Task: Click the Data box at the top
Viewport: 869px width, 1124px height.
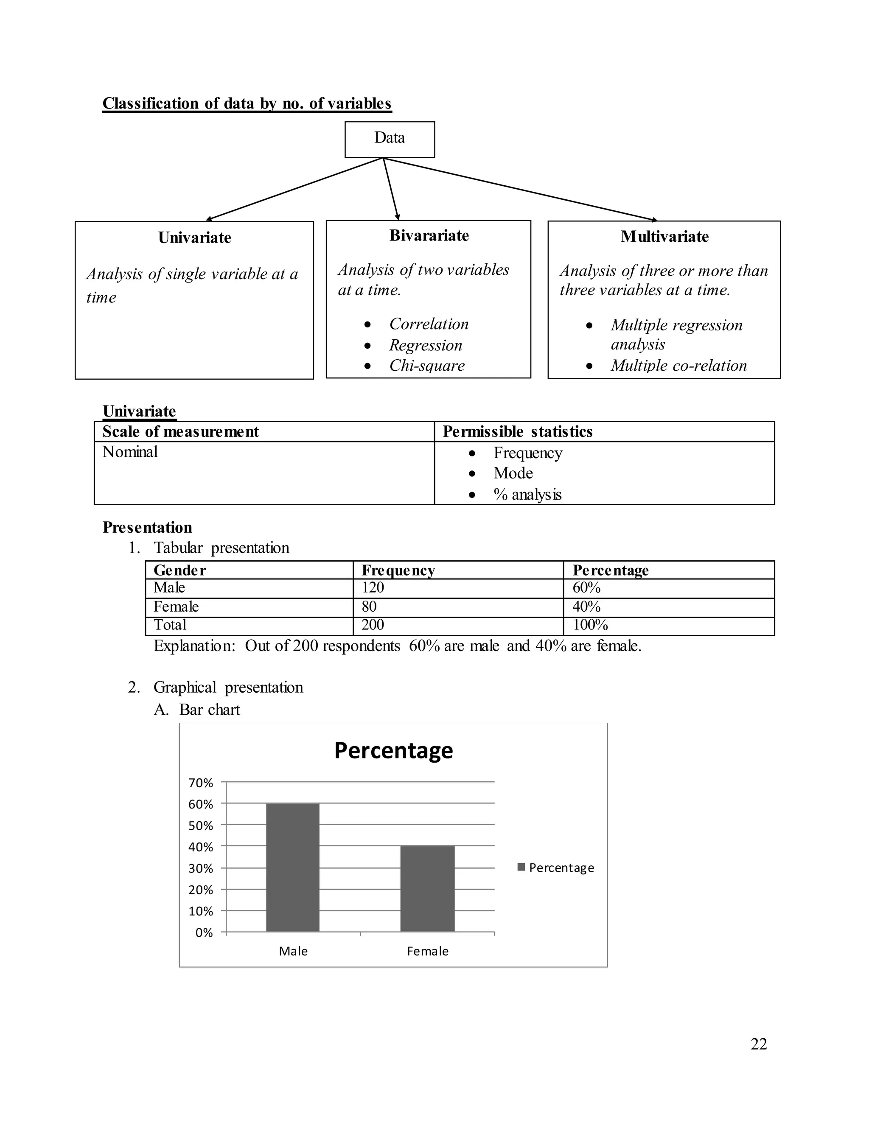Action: click(389, 139)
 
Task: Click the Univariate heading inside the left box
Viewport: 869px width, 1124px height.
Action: click(195, 238)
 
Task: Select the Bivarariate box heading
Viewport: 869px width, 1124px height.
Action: click(429, 236)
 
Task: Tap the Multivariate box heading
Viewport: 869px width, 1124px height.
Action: click(664, 237)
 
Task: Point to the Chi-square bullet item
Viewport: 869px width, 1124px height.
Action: click(427, 365)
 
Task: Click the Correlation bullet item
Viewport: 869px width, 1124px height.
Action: click(429, 324)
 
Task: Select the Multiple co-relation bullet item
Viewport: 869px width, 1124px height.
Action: click(678, 365)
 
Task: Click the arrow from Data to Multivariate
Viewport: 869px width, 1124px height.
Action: click(520, 190)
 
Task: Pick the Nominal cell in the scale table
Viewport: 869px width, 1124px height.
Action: click(130, 452)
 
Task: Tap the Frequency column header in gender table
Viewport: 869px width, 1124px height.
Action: click(398, 570)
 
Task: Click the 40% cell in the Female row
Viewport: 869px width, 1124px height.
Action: click(586, 607)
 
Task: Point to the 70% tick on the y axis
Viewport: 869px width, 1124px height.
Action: click(201, 783)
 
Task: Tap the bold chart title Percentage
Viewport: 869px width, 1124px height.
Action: click(393, 750)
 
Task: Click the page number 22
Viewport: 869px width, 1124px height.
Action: click(758, 1044)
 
